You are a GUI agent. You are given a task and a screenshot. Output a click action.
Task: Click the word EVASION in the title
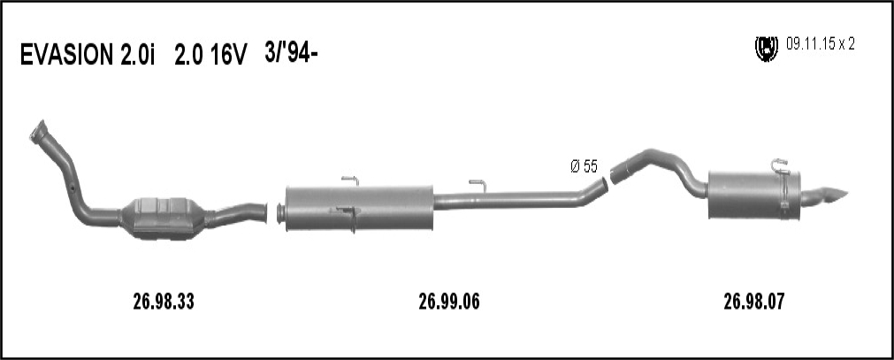[x=66, y=56]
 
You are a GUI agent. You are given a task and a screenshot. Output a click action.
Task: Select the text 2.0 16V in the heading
[x=211, y=56]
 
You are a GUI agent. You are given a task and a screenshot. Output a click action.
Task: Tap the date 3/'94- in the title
[x=291, y=53]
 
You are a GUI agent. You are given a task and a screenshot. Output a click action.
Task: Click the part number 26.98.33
[x=164, y=302]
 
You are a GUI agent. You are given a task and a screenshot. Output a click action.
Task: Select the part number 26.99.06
[x=449, y=302]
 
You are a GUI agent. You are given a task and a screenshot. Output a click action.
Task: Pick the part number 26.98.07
[x=754, y=302]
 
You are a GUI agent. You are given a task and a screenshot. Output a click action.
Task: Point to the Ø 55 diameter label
[x=584, y=166]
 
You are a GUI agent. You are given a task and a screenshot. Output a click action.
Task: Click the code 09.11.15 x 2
[x=821, y=44]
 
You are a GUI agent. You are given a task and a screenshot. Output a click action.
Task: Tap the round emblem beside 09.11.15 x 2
[x=767, y=49]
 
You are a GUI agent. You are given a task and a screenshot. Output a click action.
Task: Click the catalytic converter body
[x=163, y=218]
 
